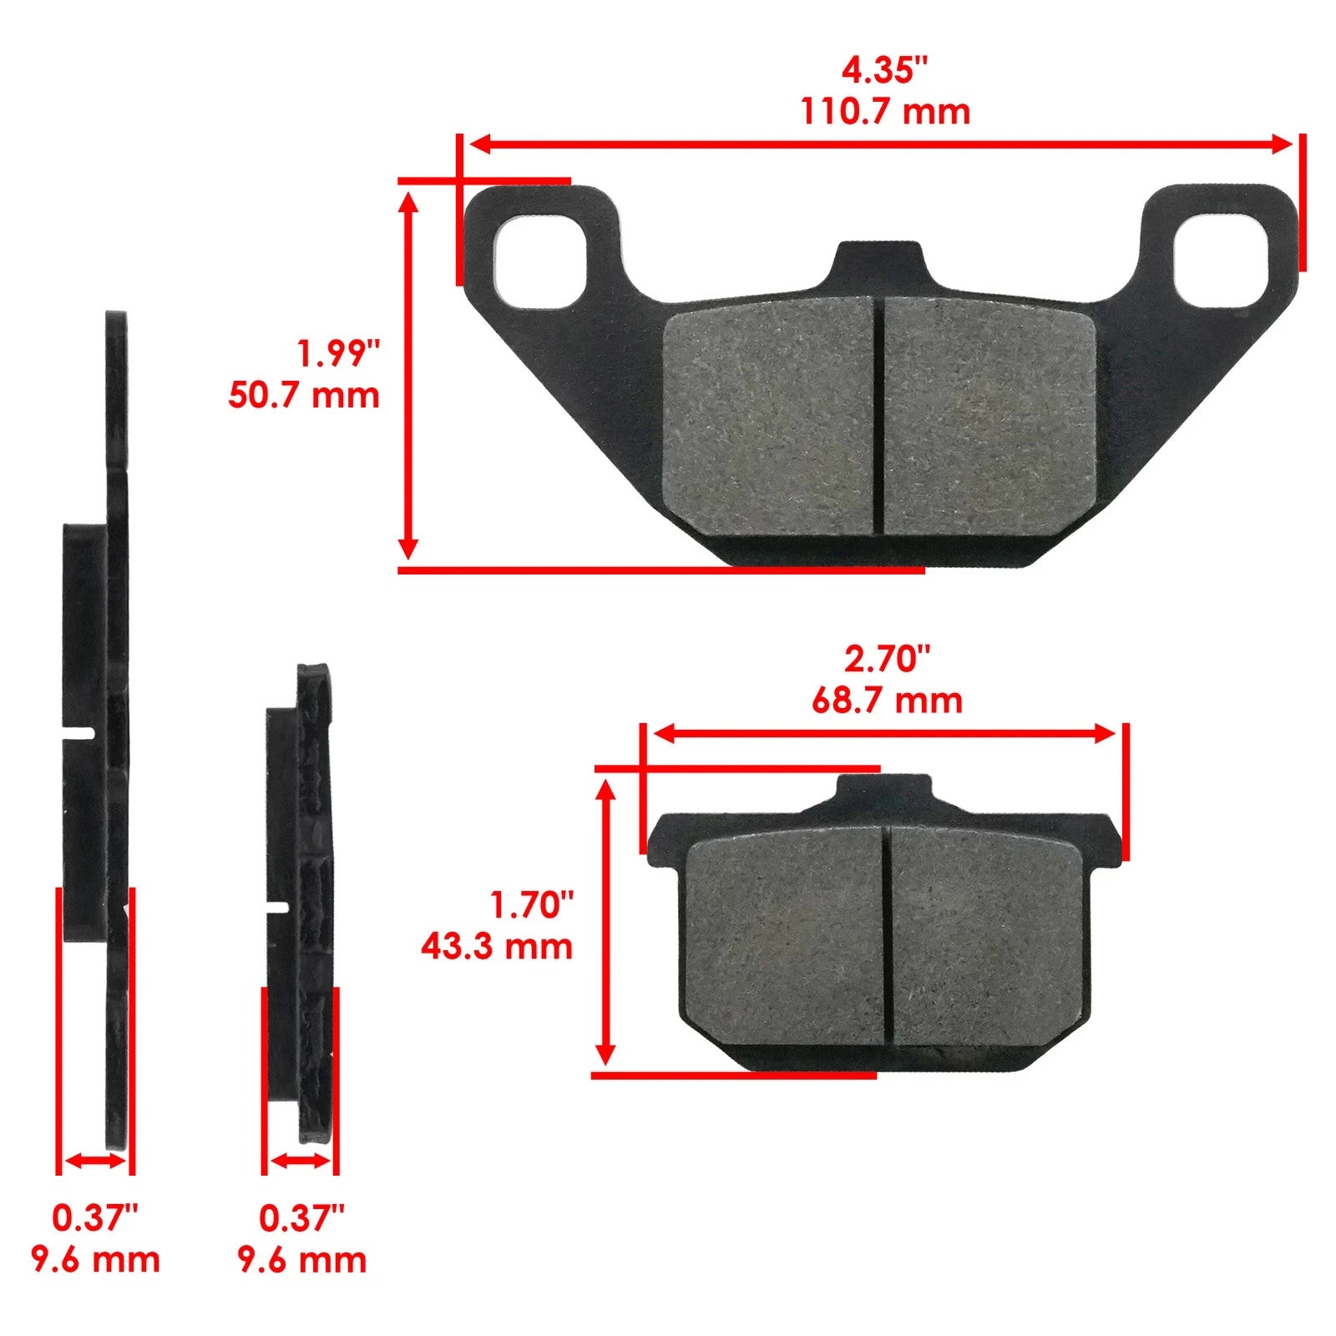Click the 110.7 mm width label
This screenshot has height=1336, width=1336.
(x=885, y=112)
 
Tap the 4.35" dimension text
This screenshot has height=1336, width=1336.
(x=884, y=71)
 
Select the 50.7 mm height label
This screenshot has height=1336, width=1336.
(x=304, y=395)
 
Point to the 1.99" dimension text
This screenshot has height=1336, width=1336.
(x=338, y=354)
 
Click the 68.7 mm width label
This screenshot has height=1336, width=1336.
(x=887, y=700)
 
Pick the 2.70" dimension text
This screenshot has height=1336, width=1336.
(x=886, y=660)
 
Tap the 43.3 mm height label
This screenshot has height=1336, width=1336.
(x=497, y=947)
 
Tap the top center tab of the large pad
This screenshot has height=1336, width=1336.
(x=879, y=266)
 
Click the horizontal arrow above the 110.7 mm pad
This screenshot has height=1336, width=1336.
(x=880, y=144)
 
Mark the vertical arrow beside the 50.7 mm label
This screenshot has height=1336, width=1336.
(x=408, y=375)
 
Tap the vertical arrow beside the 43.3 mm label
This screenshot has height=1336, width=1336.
(x=607, y=922)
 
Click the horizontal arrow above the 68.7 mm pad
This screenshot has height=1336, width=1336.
(x=884, y=734)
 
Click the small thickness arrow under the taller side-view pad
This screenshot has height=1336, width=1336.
(x=95, y=1161)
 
